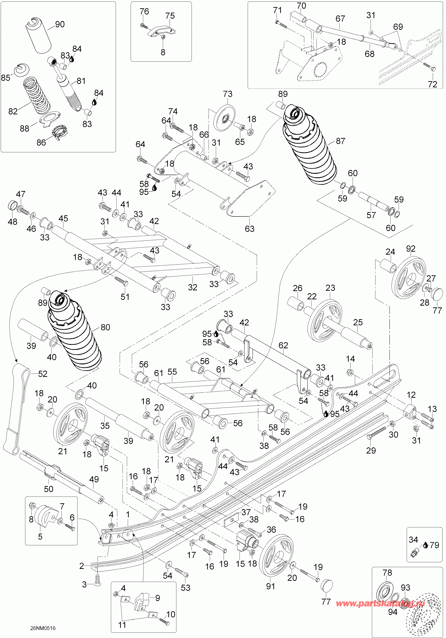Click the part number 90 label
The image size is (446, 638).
click(60, 24)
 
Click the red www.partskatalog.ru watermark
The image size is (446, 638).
click(380, 603)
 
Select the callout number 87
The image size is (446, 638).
click(341, 141)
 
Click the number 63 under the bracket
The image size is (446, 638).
click(249, 229)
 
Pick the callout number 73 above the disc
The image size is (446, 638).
click(227, 94)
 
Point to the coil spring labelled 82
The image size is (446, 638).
click(36, 96)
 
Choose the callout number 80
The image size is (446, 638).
click(105, 327)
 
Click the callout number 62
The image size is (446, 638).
click(283, 345)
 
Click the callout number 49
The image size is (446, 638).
click(94, 479)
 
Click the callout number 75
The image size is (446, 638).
click(170, 16)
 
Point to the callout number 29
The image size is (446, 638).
click(371, 451)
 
